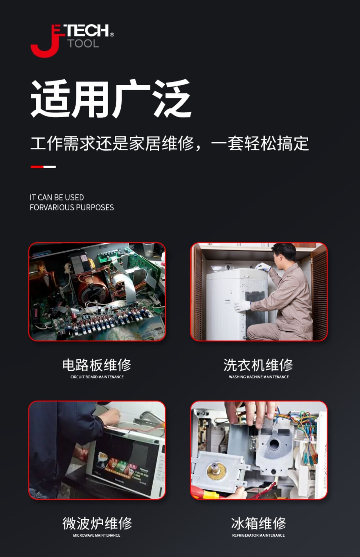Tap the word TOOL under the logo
pyautogui.click(x=83, y=44)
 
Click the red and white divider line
pyautogui.click(x=43, y=167)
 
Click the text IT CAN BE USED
pyautogui.click(x=57, y=198)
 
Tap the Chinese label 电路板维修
pyautogui.click(x=97, y=365)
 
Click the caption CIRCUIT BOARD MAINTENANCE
pyautogui.click(x=97, y=377)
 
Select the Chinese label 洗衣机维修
pyautogui.click(x=258, y=365)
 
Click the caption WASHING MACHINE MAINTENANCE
pyautogui.click(x=259, y=377)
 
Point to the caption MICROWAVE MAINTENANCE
pyautogui.click(x=97, y=535)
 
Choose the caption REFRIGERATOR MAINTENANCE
pyautogui.click(x=258, y=535)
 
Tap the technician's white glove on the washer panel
pyautogui.click(x=243, y=306)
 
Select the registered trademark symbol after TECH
pyautogui.click(x=112, y=35)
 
